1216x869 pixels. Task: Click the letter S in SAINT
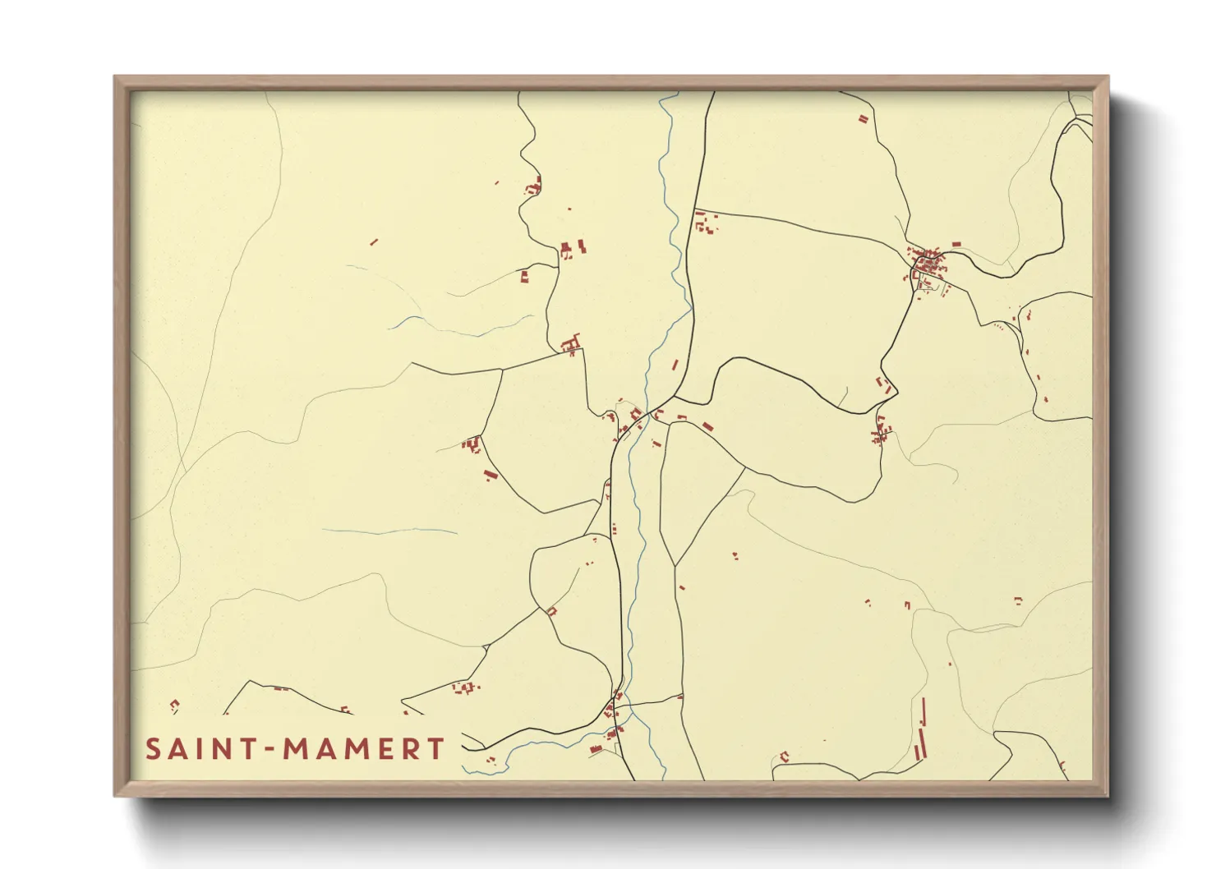[154, 749]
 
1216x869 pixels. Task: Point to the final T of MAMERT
[435, 749]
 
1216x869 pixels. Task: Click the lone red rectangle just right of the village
[956, 244]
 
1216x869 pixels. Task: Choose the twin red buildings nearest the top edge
[863, 119]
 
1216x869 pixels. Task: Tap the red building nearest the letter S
[174, 704]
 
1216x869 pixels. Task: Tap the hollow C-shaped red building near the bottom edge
[785, 756]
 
